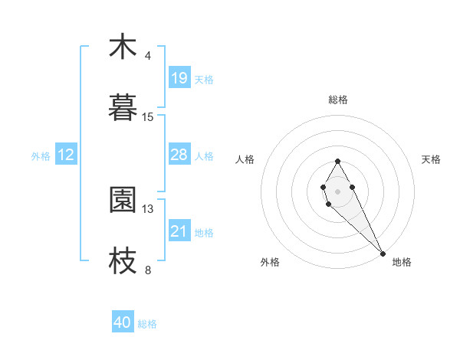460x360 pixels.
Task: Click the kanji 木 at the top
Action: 123,47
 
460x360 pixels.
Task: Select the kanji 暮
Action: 123,109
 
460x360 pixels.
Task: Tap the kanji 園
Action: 123,200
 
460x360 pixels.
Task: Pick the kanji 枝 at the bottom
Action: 123,261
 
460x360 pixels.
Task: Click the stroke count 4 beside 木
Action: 148,56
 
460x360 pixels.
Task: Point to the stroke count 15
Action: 148,117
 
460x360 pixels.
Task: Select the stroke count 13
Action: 148,208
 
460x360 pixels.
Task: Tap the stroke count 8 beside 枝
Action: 148,270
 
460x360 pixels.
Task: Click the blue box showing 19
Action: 179,78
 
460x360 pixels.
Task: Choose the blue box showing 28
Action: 179,155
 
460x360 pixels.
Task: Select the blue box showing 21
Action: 179,231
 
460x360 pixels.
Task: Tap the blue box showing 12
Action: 66,155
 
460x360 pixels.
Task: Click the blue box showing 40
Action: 123,323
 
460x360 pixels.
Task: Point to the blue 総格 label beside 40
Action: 147,324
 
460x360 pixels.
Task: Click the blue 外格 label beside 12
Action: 41,156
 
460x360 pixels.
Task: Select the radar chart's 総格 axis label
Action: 337,100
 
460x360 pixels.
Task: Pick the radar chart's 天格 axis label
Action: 432,159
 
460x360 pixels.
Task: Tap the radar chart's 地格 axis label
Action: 402,262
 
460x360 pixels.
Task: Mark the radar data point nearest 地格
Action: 383,254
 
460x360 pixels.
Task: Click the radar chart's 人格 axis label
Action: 245,159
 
